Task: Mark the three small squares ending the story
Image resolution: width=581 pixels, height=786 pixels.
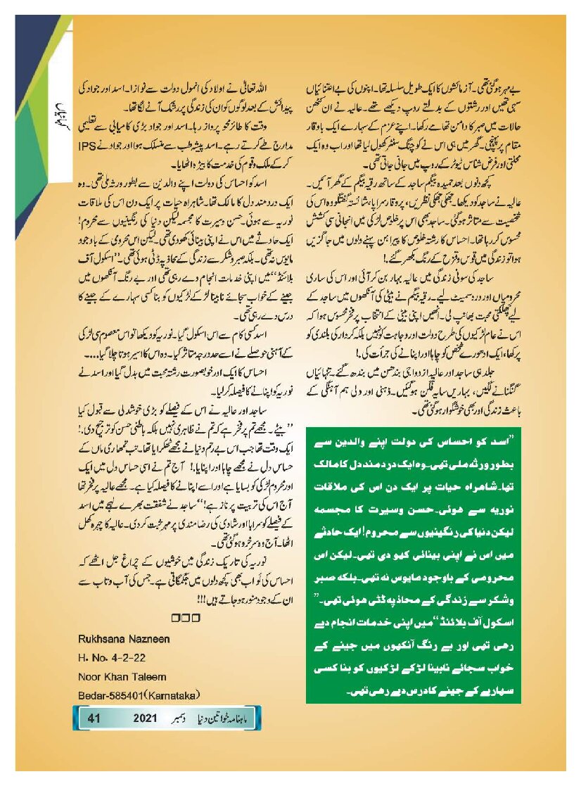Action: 186,618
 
